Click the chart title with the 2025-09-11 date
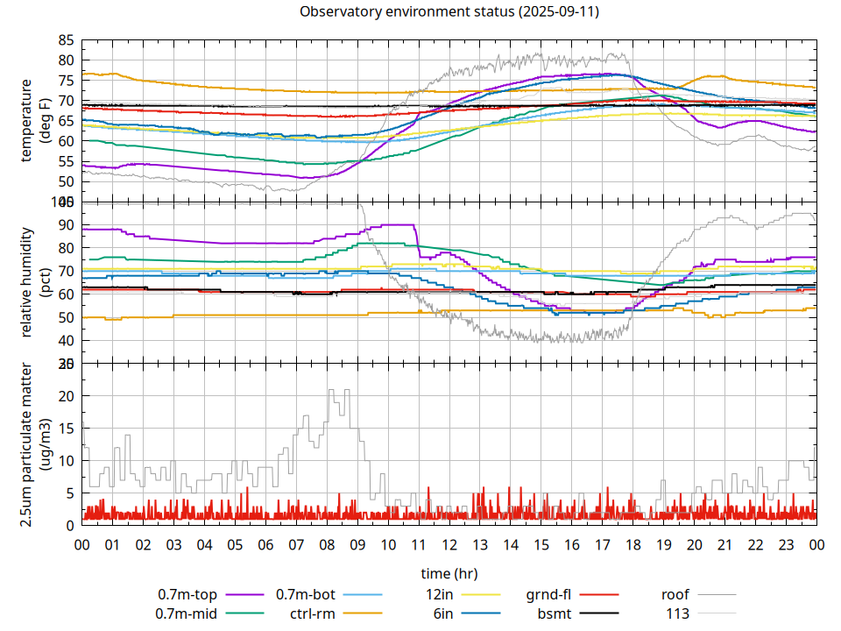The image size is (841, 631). (449, 11)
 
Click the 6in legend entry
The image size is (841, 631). (443, 613)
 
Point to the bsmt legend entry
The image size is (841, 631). (555, 613)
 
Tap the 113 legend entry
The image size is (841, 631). (678, 613)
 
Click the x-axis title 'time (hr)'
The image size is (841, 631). (449, 574)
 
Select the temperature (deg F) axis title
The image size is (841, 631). (35, 121)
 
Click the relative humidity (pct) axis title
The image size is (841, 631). (35, 282)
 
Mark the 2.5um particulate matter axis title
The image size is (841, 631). (35, 444)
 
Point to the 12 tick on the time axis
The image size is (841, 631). (449, 544)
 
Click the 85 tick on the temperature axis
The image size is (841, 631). (66, 40)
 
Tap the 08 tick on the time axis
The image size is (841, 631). (327, 544)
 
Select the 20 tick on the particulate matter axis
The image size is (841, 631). (66, 395)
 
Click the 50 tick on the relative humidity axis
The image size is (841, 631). (66, 317)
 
